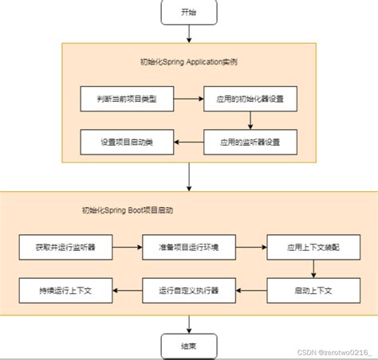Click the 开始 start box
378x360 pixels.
[x=188, y=13]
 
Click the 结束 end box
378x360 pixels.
[x=188, y=346]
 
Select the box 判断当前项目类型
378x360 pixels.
[x=127, y=100]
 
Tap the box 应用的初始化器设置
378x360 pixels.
[x=250, y=100]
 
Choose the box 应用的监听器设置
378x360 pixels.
[x=250, y=142]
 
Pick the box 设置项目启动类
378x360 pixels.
[x=127, y=142]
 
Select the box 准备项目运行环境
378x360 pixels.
[x=188, y=247]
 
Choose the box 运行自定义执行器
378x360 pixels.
[x=188, y=288]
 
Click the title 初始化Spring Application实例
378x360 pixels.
[x=188, y=61]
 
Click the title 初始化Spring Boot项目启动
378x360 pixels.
[x=128, y=211]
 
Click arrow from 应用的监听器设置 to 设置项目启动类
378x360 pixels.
[x=189, y=142]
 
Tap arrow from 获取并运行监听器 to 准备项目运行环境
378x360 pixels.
[x=127, y=247]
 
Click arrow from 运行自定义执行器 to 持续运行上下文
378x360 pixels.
[x=127, y=288]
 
